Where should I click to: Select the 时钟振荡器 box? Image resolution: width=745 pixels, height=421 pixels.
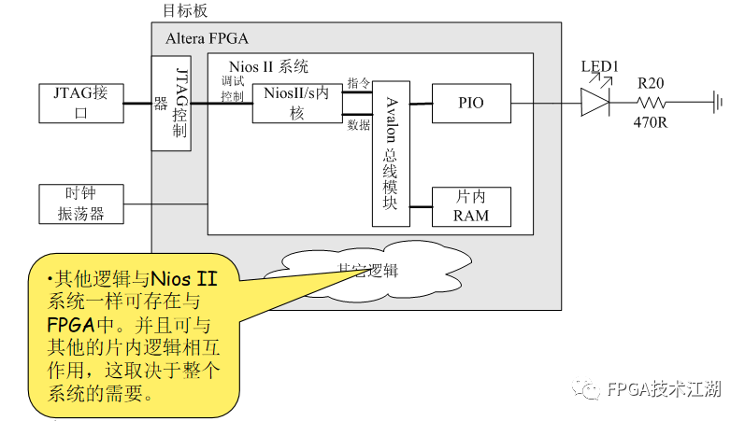79,203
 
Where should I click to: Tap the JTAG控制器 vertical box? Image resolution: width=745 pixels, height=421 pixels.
171,103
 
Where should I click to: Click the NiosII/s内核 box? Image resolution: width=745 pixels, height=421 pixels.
290,103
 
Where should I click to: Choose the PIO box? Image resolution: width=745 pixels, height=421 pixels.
471,103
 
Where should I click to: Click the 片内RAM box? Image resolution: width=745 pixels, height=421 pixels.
471,206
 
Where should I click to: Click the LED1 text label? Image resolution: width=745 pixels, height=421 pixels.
600,67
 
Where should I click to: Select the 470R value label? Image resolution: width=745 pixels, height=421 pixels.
652,122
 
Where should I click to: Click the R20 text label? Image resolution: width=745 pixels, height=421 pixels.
652,83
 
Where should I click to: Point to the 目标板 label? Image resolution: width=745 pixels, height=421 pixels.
185,11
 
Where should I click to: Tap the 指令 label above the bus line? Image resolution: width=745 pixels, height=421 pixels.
358,83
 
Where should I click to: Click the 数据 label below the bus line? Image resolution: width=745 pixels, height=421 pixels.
358,124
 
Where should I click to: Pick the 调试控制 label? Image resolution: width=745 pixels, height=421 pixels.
233,90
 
